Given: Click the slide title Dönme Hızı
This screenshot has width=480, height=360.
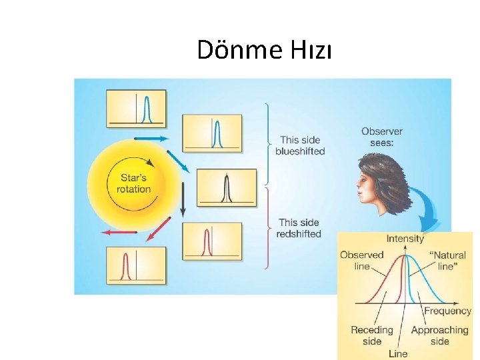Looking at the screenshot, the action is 264,50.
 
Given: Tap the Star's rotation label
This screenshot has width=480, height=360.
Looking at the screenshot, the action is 134,183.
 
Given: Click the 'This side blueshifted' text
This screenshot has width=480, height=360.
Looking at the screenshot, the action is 302,145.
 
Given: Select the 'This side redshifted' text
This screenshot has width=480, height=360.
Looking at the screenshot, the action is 299,228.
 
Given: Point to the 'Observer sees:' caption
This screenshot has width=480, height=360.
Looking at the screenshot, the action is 382,137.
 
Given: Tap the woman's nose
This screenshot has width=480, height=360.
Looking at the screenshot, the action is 358,186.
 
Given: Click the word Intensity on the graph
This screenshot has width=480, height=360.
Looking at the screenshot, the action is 405,239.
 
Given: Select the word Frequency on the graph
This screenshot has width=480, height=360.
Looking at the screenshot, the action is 447,311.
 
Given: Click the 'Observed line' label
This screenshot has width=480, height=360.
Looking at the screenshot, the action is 361,260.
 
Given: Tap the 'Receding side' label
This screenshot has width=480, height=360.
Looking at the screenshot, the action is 372,335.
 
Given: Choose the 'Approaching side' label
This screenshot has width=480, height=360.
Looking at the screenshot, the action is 439,335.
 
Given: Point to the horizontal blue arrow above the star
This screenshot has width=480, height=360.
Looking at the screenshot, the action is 151,139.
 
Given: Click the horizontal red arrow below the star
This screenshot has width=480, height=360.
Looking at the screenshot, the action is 119,232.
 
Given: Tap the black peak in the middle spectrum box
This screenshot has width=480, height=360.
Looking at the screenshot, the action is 227,188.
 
